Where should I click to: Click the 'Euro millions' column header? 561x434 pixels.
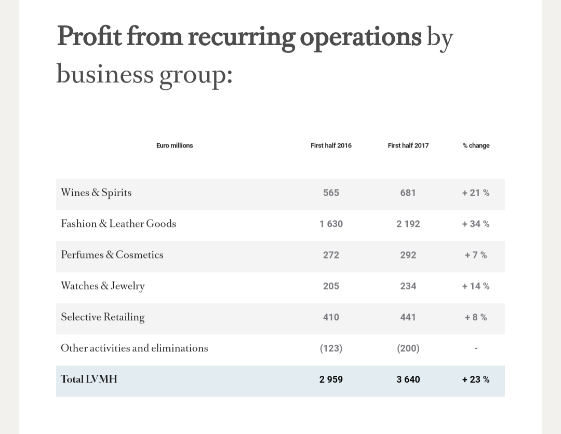tap(175, 145)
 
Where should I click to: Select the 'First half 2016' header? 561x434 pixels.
tap(331, 145)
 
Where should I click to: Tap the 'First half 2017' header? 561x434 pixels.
tap(408, 145)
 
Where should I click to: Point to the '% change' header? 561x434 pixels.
tap(476, 145)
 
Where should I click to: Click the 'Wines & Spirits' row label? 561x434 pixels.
tap(96, 193)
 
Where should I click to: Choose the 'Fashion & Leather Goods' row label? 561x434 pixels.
tap(118, 224)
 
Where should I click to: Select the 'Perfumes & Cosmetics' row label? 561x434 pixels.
tap(112, 255)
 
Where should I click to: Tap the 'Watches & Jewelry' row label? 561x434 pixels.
tap(103, 286)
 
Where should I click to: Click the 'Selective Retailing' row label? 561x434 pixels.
tap(103, 317)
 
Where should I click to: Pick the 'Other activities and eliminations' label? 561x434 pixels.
tap(135, 348)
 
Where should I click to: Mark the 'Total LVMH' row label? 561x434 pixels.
tap(89, 379)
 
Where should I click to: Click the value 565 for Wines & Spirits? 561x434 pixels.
tap(331, 193)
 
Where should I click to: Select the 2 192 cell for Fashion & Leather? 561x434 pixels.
tap(408, 224)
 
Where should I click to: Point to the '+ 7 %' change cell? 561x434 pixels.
tap(476, 255)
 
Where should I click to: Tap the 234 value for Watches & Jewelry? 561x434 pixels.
tap(408, 286)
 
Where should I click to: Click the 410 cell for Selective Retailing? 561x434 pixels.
tap(331, 317)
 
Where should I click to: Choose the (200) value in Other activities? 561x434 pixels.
tap(408, 348)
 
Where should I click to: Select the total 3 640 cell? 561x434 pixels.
tap(408, 379)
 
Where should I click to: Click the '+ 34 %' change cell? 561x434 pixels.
tap(476, 224)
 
